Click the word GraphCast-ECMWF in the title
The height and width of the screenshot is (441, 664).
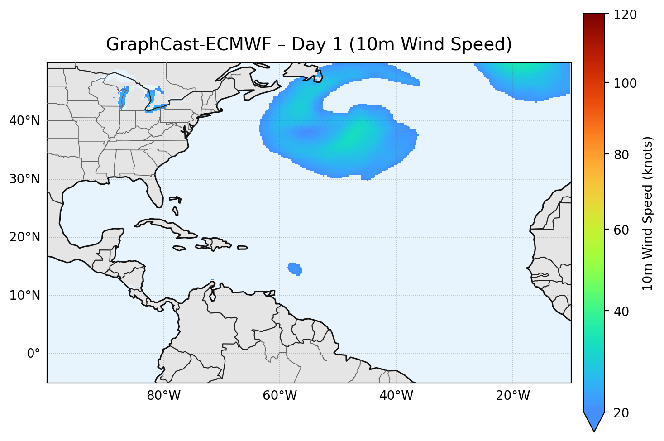[188, 45]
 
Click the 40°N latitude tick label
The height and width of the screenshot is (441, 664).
[24, 121]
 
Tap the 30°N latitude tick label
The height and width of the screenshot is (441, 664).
[24, 179]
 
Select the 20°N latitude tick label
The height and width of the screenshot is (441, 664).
[24, 237]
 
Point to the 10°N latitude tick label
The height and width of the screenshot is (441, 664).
[24, 296]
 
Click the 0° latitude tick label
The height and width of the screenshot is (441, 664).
[33, 354]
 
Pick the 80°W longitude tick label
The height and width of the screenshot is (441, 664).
[163, 396]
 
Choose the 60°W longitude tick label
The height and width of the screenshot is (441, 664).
[280, 396]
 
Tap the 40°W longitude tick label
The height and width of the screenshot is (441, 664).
[396, 396]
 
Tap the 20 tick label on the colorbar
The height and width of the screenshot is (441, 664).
[622, 413]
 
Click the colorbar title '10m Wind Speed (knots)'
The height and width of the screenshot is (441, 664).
[648, 213]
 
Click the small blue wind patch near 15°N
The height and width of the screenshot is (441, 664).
[295, 268]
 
